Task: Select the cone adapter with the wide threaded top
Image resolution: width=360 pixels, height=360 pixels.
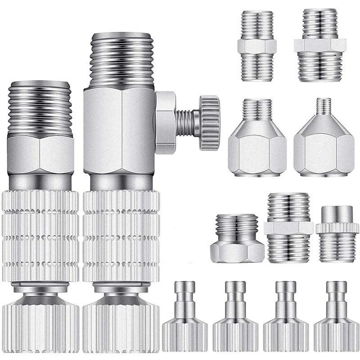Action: [x=256, y=139]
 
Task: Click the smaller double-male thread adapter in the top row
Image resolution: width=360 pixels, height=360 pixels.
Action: [x=256, y=47]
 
